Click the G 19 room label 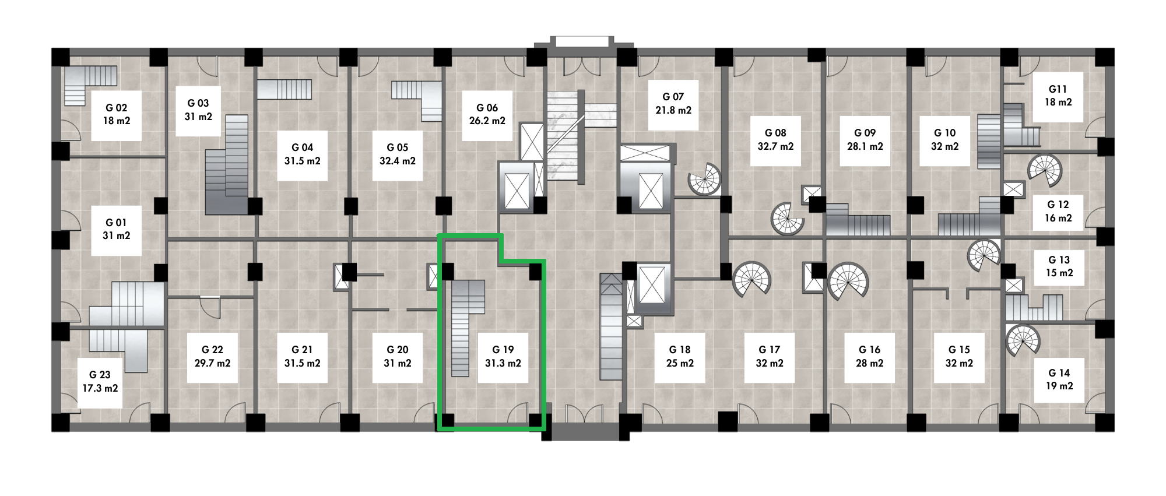pos(503,356)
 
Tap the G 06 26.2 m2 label pos(487,114)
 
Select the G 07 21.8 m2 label pos(673,103)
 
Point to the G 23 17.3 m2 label pos(100,381)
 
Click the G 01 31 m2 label pos(117,229)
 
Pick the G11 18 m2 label pos(1058,96)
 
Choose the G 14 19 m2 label pos(1059,379)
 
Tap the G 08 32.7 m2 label pos(775,140)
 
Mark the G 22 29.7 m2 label pos(212,356)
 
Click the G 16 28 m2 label pos(869,356)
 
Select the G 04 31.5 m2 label pos(302,154)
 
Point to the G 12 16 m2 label pos(1058,211)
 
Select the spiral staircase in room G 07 pos(704,178)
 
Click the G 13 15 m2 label pos(1059,266)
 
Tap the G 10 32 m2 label pos(944,140)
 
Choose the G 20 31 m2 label pos(398,356)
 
